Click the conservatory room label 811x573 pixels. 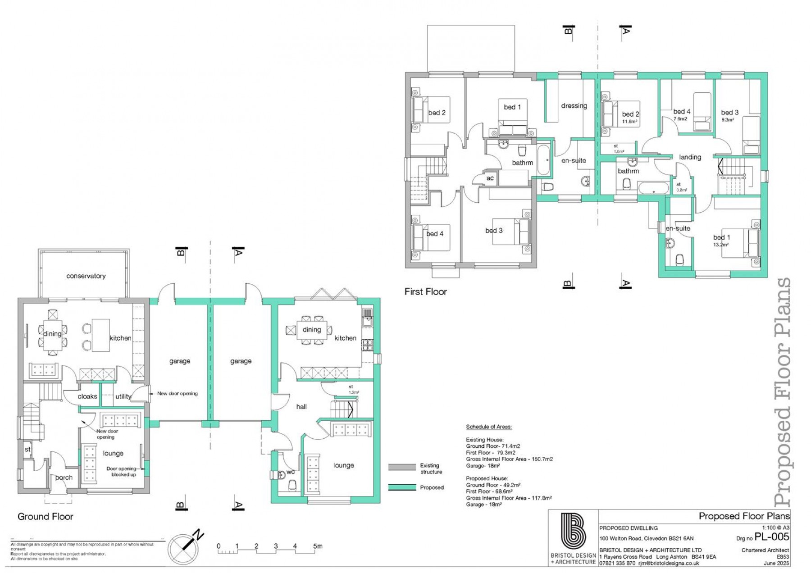86,276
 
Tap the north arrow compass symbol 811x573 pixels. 184,548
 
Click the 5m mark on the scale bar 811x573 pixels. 318,546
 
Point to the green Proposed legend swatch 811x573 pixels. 402,487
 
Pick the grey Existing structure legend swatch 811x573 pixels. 402,467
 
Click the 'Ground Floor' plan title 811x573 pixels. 45,516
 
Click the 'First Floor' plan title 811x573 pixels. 425,291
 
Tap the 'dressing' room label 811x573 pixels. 574,105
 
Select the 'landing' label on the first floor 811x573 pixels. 690,157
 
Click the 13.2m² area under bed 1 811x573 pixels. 721,245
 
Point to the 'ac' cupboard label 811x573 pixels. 490,178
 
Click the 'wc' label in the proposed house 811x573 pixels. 291,472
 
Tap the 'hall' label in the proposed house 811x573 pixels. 301,406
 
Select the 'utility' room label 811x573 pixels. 123,396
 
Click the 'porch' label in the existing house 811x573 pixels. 64,477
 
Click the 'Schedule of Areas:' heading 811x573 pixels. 488,427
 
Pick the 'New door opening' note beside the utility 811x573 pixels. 177,393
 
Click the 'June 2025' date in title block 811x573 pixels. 776,563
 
